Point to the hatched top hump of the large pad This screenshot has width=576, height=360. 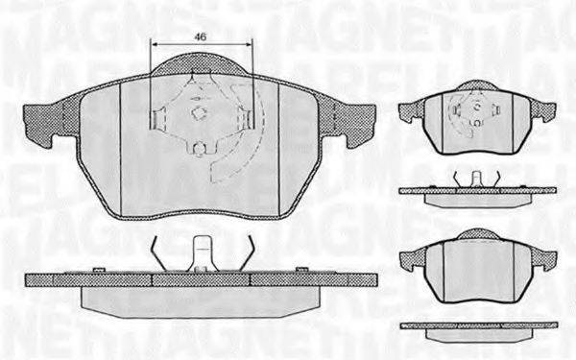pyautogui.click(x=201, y=66)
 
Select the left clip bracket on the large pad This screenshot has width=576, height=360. pyautogui.click(x=160, y=120)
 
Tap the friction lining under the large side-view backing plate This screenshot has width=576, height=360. pyautogui.click(x=201, y=295)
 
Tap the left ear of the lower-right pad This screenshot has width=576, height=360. pyautogui.click(x=410, y=258)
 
